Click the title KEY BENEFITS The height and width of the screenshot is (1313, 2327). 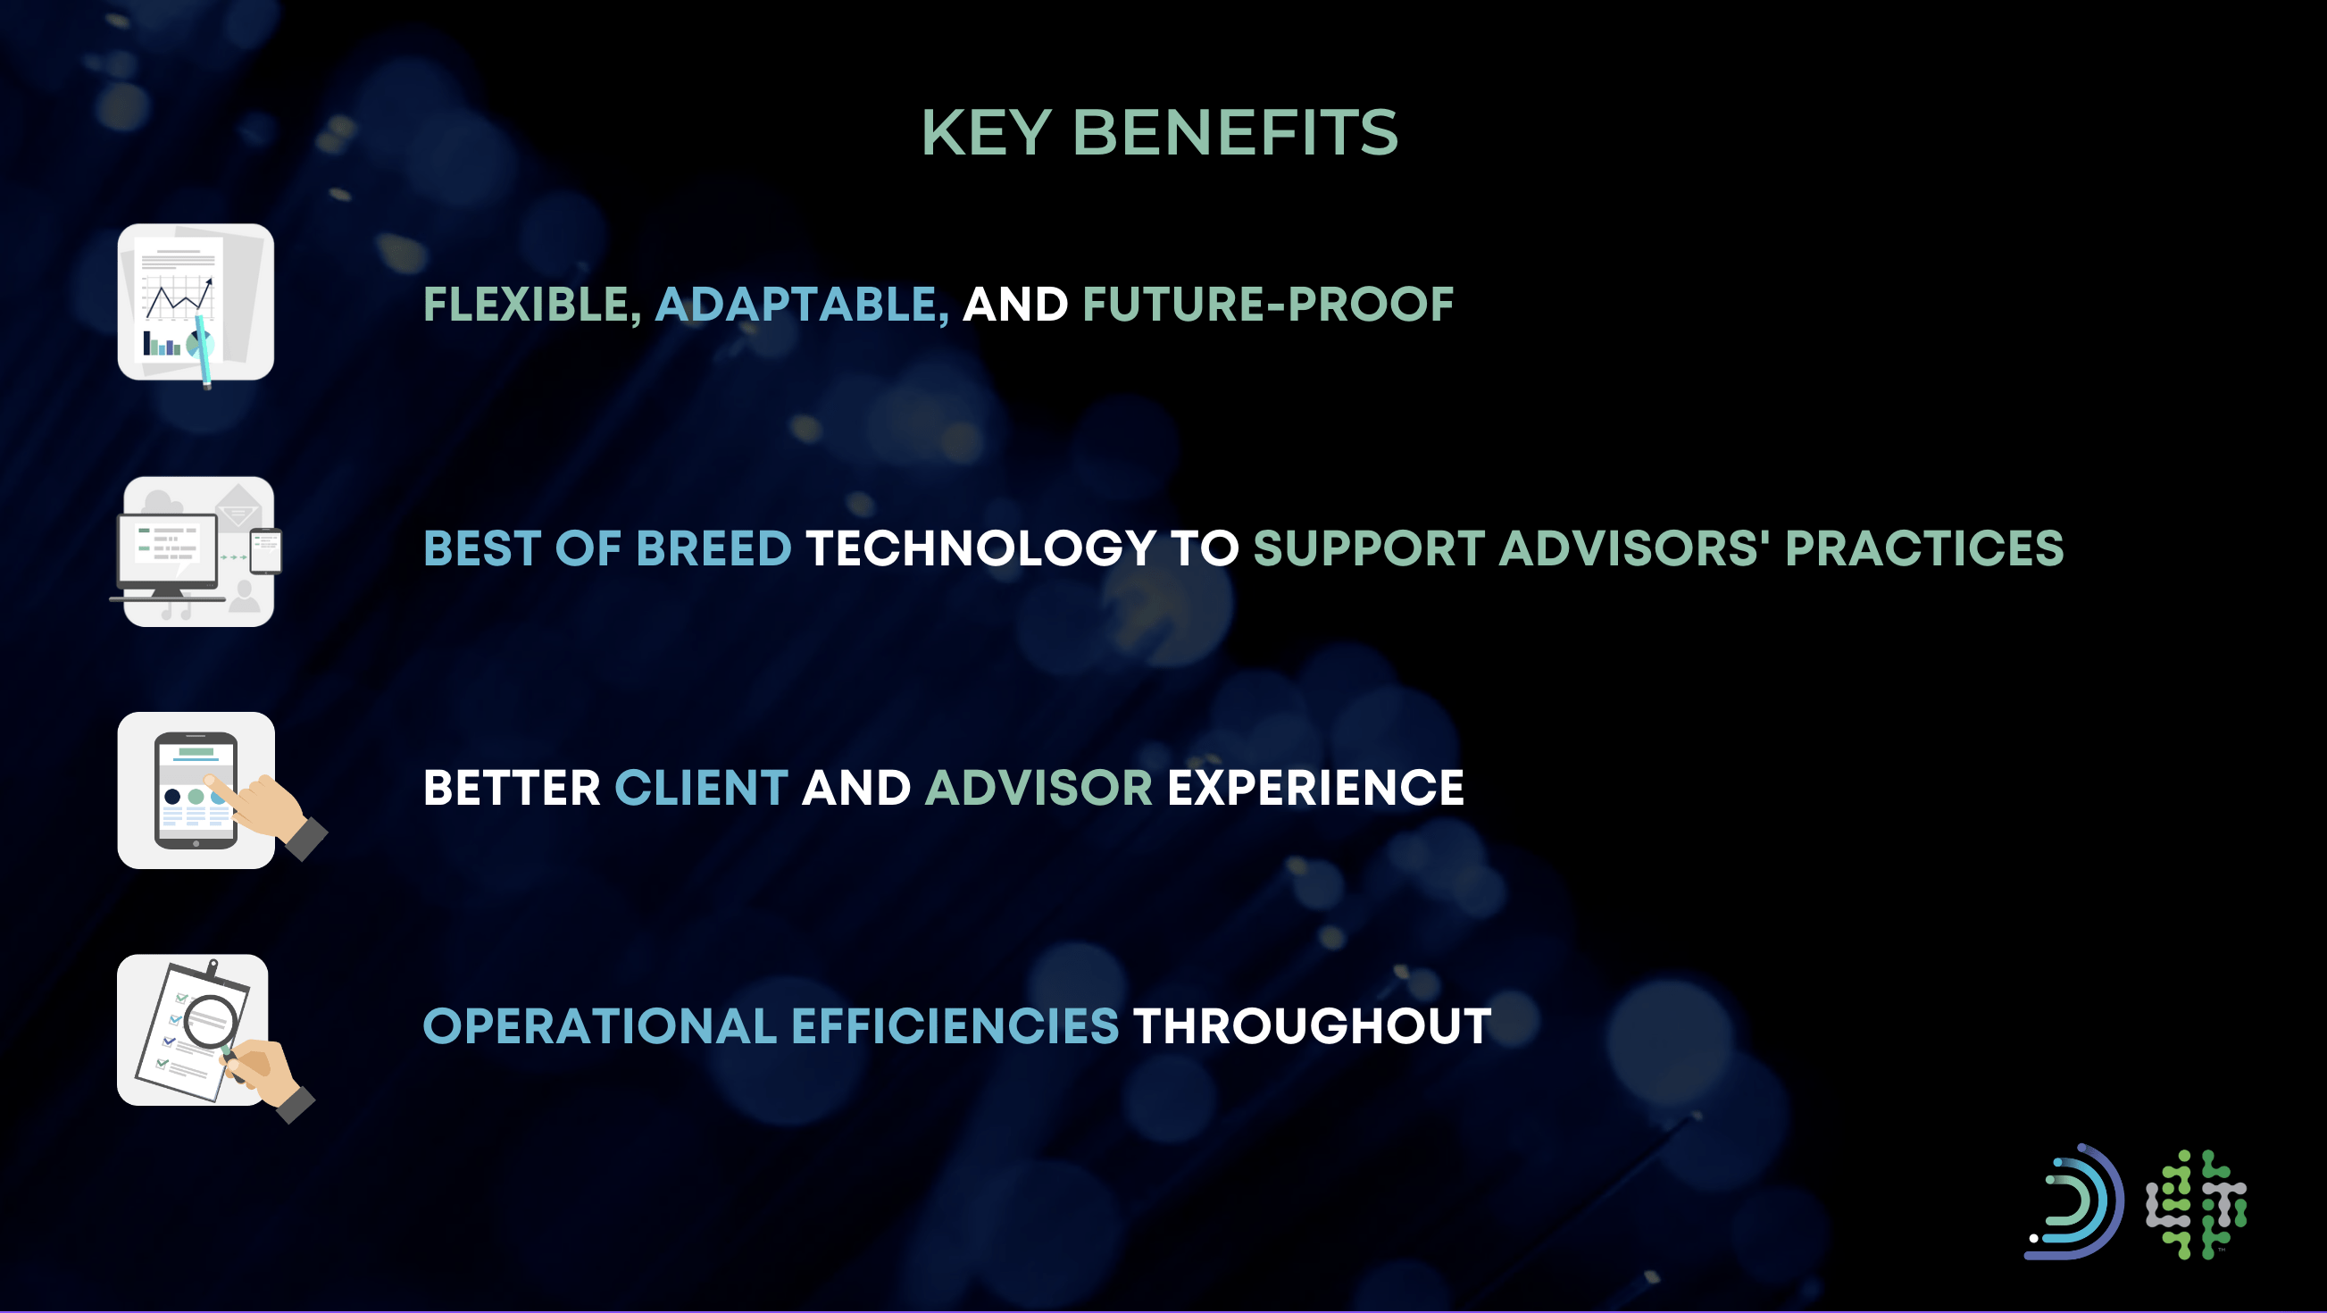[1160, 133]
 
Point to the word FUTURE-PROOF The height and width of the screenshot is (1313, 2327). [1268, 305]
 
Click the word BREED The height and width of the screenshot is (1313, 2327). [713, 548]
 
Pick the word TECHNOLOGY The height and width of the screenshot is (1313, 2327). [981, 548]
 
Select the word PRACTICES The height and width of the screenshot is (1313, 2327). [1924, 548]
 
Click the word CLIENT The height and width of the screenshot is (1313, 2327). [701, 788]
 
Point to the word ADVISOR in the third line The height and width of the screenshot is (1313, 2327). [1038, 788]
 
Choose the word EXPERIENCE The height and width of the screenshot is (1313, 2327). [1315, 788]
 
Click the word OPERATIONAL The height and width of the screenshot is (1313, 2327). [600, 1026]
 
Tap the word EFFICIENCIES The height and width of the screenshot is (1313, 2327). [955, 1026]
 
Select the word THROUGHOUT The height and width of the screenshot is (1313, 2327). [1312, 1026]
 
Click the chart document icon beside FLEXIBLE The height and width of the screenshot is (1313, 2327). [196, 304]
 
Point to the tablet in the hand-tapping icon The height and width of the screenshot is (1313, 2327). [196, 790]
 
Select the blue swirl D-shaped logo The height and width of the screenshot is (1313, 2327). [2074, 1201]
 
